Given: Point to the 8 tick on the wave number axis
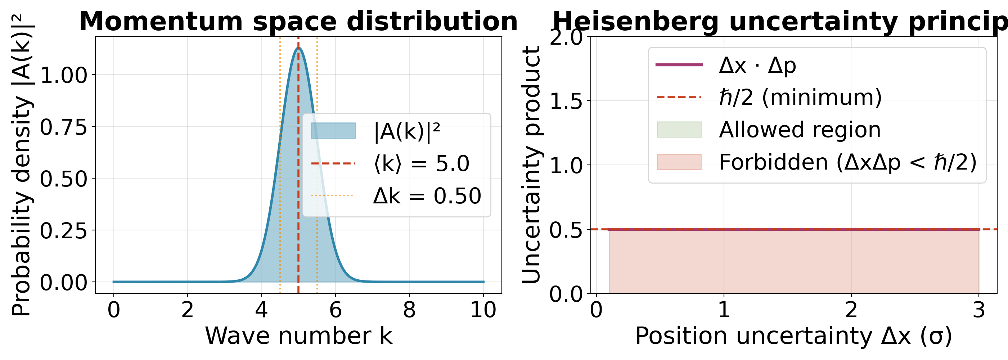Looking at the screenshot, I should pos(409,310).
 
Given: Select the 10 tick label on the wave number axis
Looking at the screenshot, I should pos(483,310).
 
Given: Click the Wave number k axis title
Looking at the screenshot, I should pos(298,336).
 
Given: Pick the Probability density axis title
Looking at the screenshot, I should pos(21,165).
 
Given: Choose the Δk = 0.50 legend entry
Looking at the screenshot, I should pos(427,195).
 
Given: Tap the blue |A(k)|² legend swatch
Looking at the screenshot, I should pos(333,131).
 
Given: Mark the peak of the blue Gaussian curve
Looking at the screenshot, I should pos(298,48).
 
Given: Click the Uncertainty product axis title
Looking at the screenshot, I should pos(531,165).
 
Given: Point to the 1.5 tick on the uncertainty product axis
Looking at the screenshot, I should pos(566,101).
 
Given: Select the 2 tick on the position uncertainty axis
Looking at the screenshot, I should pos(851,310).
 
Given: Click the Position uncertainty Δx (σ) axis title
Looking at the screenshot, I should pos(793,336).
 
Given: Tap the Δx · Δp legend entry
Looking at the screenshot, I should pos(757,65).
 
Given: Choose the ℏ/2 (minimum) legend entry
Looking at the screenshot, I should pos(800,97).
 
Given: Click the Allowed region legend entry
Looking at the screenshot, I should pos(800,130).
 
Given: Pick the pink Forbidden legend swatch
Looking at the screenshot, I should pos(679,162).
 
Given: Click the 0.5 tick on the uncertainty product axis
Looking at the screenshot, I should pos(566,230).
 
